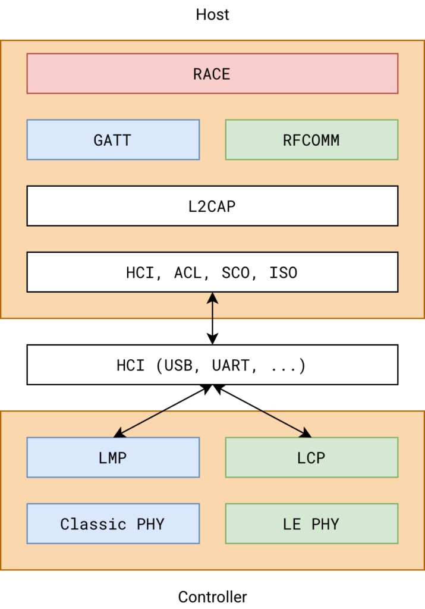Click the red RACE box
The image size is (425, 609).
(212, 74)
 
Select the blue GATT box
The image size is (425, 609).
(113, 140)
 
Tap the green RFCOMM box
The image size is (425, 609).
(311, 140)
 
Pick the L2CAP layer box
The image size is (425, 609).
(212, 206)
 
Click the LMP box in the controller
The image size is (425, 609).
(113, 457)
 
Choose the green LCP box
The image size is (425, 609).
(311, 457)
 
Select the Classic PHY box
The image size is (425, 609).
(113, 523)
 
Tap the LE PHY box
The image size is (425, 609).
(311, 523)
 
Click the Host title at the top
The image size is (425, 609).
(212, 14)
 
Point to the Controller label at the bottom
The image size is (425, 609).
(212, 597)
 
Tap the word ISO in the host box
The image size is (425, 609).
(284, 272)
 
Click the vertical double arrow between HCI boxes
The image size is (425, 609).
(212, 318)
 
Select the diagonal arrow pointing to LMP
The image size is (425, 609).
(163, 410)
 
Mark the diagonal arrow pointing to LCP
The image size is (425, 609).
(262, 410)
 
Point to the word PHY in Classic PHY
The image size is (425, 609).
(150, 523)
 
